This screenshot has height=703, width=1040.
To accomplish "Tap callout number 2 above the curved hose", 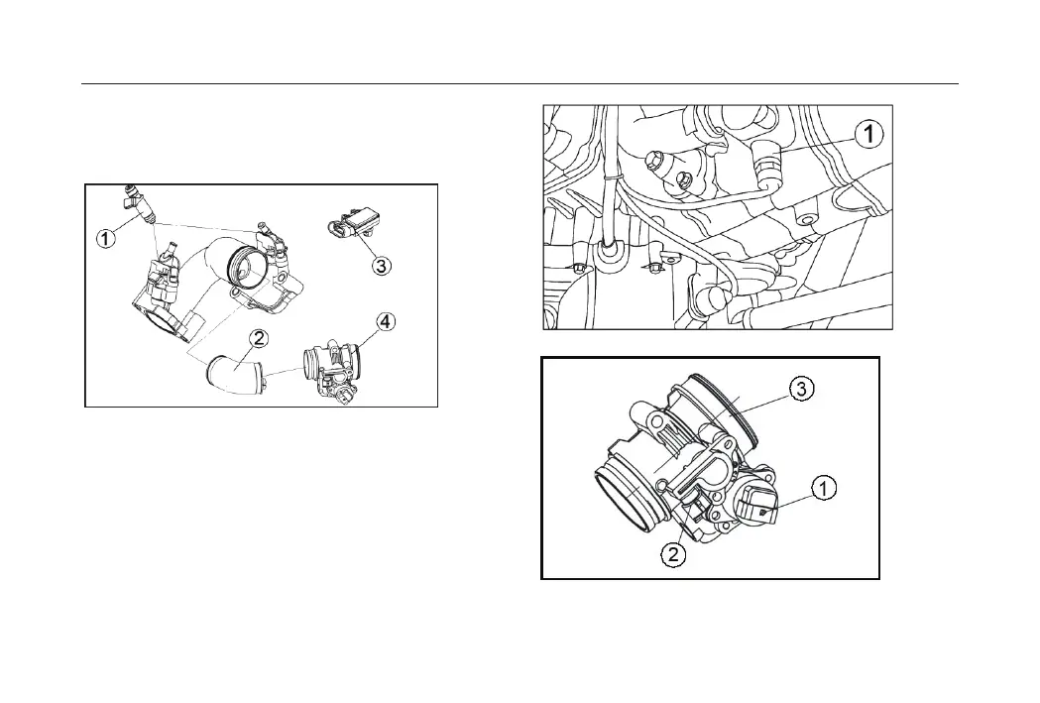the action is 258,339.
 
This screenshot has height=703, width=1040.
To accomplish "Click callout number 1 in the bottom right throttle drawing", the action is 825,487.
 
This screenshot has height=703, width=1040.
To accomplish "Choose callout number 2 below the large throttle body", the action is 673,554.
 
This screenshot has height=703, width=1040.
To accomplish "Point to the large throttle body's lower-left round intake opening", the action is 625,500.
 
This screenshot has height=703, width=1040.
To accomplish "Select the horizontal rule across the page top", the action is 520,84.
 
